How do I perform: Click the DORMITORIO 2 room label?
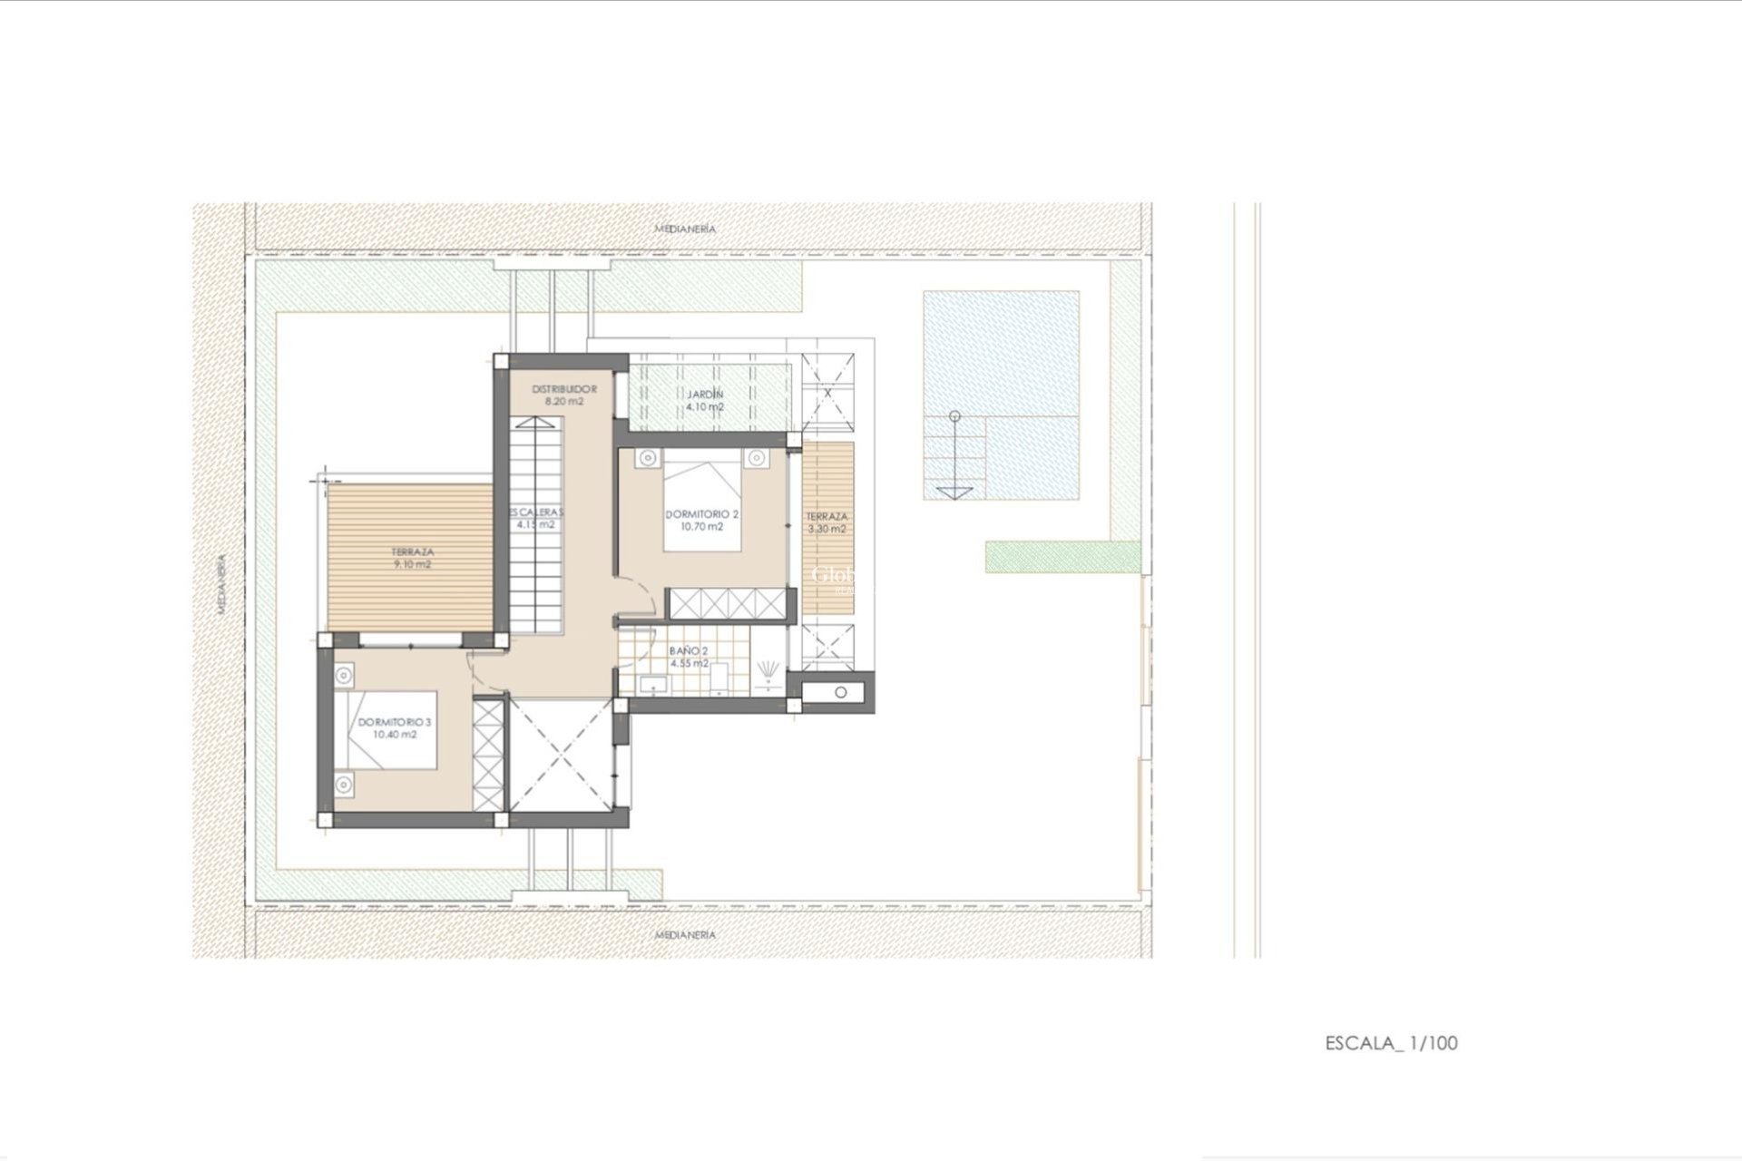pos(702,514)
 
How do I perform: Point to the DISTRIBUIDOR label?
pos(564,389)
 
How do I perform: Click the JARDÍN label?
pos(705,395)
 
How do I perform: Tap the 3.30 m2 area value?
pos(827,529)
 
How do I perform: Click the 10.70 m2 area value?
pos(702,527)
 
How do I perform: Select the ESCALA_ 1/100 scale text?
pos(1391,1043)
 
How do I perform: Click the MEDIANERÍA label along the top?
pos(685,229)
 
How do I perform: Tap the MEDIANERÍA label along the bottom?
pos(685,934)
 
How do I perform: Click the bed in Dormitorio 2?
pos(702,503)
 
